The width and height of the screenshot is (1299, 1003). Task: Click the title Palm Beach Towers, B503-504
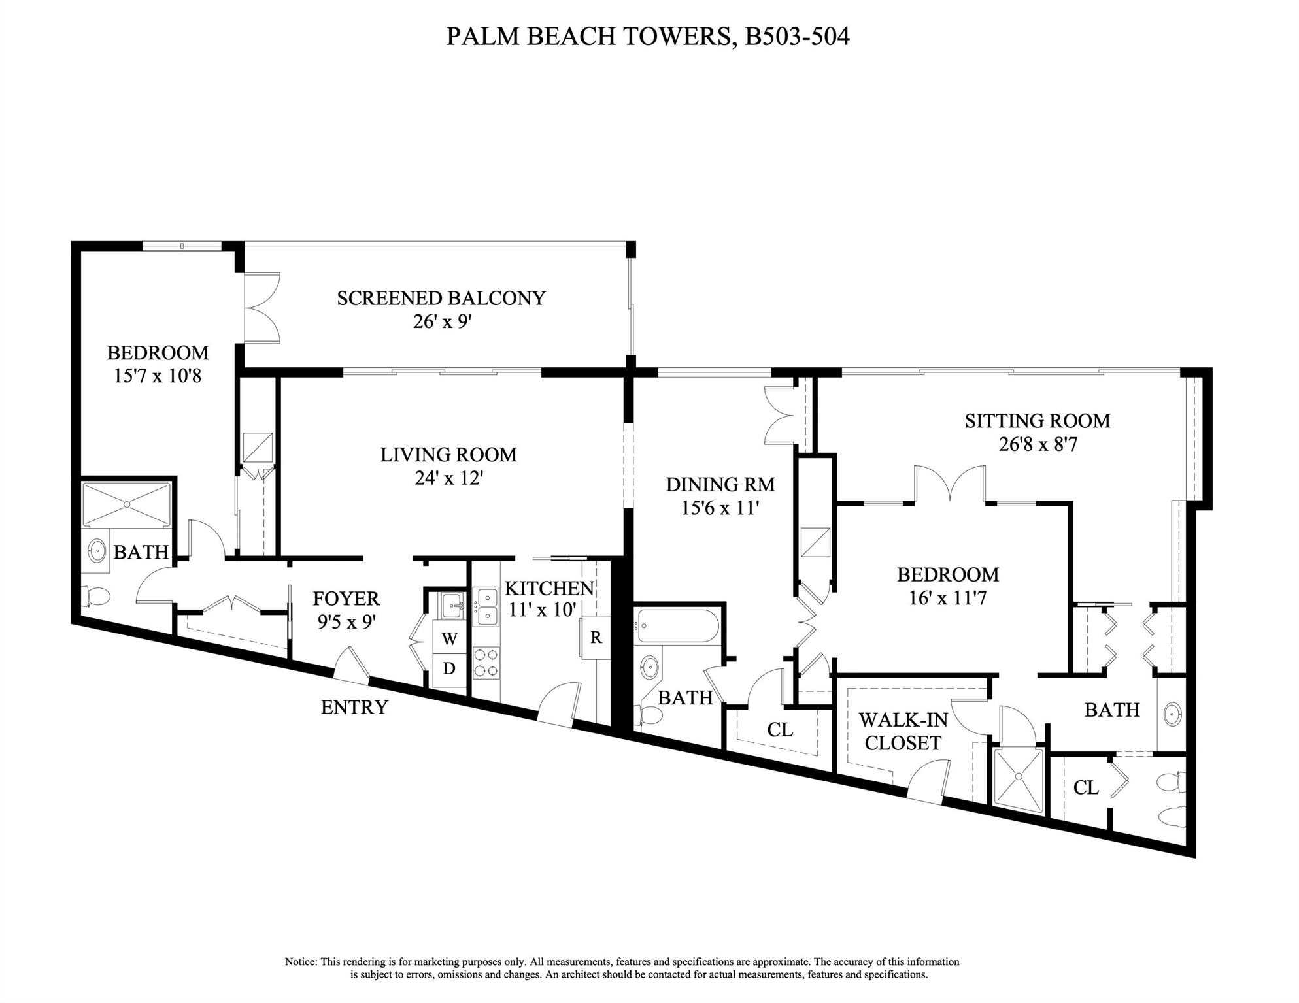pos(647,37)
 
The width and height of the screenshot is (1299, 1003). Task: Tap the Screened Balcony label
pos(441,298)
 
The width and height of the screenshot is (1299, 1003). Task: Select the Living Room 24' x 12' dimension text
pos(448,478)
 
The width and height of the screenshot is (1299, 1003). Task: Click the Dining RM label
pos(720,484)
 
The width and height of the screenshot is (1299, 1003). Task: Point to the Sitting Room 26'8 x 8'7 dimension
pos(1038,444)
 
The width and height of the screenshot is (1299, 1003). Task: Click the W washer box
pos(449,639)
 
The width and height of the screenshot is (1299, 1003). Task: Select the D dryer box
pos(449,668)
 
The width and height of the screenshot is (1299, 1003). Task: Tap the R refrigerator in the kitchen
pos(596,637)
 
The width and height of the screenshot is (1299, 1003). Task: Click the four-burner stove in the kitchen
pos(486,662)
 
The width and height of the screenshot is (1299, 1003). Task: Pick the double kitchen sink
pos(486,606)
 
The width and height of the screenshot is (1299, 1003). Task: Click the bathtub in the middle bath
pos(677,626)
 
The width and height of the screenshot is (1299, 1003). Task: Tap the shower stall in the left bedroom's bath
pos(126,503)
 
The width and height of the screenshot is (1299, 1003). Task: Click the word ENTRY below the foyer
pos(354,707)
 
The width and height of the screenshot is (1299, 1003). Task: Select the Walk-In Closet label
pos(902,731)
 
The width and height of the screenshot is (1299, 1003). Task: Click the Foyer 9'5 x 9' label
pos(346,610)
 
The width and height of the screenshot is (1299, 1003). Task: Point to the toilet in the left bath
pos(95,596)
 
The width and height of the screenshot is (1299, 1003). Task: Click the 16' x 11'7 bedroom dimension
pos(947,598)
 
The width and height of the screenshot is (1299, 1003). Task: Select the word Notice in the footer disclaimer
pos(300,962)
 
